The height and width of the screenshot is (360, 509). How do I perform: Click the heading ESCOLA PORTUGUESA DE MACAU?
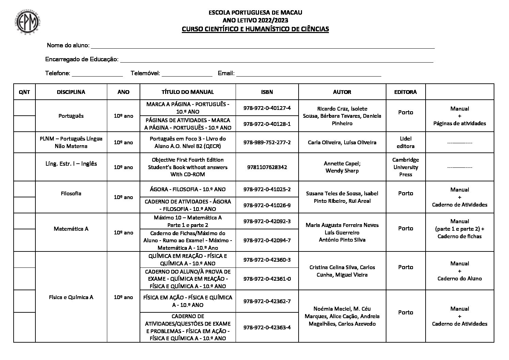coord(255,13)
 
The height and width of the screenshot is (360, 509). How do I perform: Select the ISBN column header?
coord(267,92)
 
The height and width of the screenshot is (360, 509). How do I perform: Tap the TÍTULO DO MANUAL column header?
coord(188,92)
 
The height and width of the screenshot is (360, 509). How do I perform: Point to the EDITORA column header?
coord(405,92)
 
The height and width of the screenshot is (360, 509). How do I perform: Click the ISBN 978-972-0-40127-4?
coord(267,108)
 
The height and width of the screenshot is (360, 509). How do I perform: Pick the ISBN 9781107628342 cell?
coord(267,167)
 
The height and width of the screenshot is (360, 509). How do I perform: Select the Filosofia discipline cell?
coord(71,193)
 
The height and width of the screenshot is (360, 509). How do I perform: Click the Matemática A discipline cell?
coord(71,229)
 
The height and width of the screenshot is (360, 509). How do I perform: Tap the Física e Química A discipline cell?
coord(71,297)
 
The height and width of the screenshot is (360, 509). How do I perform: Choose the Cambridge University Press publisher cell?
coord(405,167)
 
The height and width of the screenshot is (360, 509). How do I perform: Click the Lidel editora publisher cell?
coord(405,142)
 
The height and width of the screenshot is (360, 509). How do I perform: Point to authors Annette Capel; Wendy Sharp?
coord(342,167)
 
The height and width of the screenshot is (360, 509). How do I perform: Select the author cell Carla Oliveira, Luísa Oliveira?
coord(342,142)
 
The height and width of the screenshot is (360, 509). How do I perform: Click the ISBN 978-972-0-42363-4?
coord(267,327)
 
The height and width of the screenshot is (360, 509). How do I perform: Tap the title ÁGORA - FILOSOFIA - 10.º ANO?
coord(188,189)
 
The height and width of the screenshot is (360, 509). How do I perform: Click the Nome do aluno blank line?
coord(262,46)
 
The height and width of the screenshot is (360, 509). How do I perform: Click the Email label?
coord(226,73)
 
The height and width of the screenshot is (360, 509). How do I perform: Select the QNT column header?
coord(25,92)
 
